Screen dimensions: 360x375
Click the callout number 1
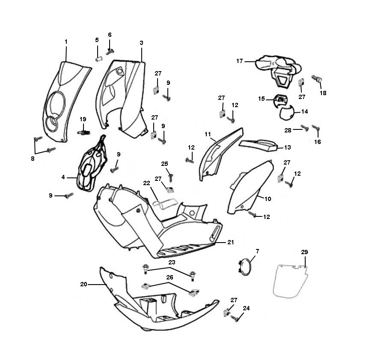pos(66,42)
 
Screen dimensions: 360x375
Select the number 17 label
pos(240,61)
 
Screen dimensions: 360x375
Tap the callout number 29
pos(304,252)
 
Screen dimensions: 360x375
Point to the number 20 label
pos(84,284)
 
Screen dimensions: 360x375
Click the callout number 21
pos(231,242)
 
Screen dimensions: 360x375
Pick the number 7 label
pos(257,250)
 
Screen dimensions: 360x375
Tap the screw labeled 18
pos(318,79)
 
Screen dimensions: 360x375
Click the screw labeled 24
pos(234,318)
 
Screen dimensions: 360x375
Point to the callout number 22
pos(146,183)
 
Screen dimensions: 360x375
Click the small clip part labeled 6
pos(110,51)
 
